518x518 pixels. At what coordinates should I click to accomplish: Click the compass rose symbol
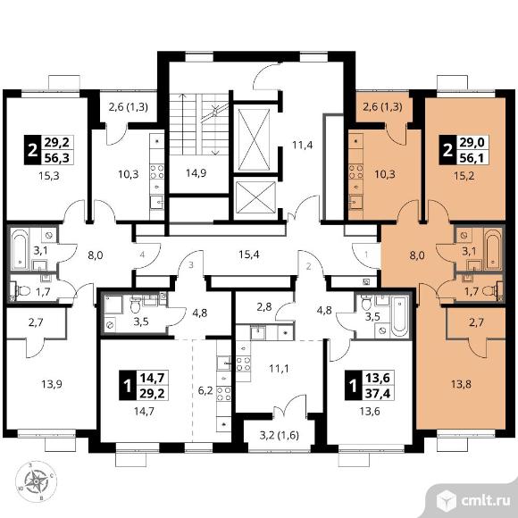point(36,481)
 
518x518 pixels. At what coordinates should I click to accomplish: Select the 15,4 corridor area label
point(249,255)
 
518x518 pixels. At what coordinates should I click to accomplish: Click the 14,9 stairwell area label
point(196,172)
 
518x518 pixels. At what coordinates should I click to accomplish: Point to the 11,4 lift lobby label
point(302,145)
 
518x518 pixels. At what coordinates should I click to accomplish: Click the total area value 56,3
point(56,157)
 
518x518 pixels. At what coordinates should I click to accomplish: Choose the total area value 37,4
point(380,394)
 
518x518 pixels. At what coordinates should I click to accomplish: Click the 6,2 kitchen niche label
point(205,392)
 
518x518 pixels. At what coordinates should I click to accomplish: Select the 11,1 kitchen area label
point(279,368)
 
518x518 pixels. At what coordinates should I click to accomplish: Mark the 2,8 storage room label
point(264,307)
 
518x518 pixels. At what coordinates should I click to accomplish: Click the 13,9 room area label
point(52,384)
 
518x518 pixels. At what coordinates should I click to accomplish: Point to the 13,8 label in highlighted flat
point(462,384)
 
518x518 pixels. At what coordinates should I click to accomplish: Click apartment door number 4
point(142,255)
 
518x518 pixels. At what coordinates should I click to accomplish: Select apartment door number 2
point(308,266)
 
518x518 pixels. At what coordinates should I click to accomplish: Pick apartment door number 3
point(191,265)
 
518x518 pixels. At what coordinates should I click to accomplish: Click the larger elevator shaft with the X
point(254,139)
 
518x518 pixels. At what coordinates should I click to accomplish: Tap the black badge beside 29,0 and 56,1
point(447,150)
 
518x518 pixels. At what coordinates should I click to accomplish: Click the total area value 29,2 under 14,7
point(153,394)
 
